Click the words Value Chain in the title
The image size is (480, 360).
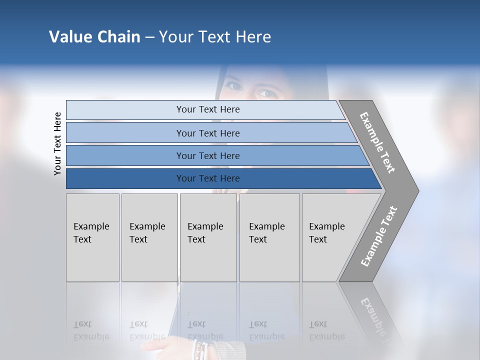pyautogui.click(x=94, y=37)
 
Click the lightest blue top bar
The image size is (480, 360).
pyautogui.click(x=207, y=109)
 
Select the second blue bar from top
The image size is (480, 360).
pyautogui.click(x=207, y=133)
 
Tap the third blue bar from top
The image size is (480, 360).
pyautogui.click(x=207, y=155)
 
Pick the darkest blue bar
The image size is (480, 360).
pyautogui.click(x=207, y=178)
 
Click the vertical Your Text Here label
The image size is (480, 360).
pyautogui.click(x=57, y=143)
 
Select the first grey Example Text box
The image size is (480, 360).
pyautogui.click(x=92, y=237)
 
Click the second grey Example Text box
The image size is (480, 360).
pyautogui.click(x=149, y=237)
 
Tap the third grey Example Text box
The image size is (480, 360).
pyautogui.click(x=208, y=237)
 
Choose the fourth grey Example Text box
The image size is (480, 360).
pyautogui.click(x=269, y=237)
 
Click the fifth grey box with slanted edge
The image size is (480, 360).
pyautogui.click(x=330, y=237)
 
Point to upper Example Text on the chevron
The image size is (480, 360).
pyautogui.click(x=377, y=142)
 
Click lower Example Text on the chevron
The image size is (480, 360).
pyautogui.click(x=378, y=236)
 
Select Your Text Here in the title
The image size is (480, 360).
pyautogui.click(x=215, y=37)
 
